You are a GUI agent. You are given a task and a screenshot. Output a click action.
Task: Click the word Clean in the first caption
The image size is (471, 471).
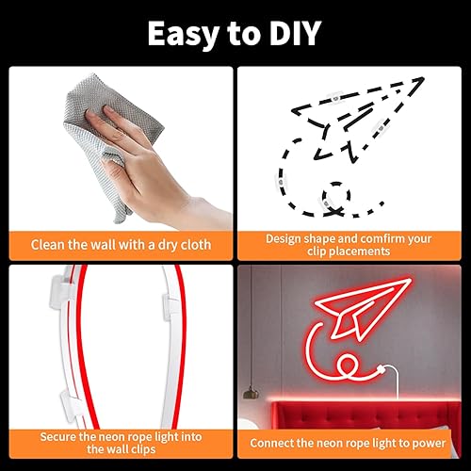47,244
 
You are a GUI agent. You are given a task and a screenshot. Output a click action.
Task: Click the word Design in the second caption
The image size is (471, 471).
283,238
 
